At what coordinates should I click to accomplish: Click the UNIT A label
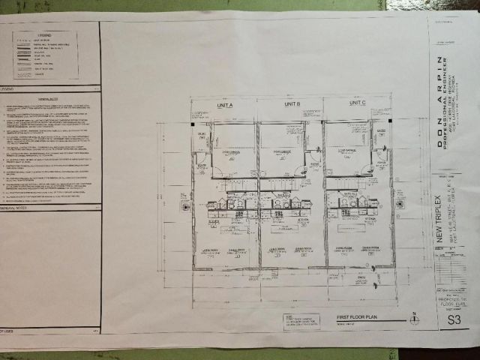tap(225, 104)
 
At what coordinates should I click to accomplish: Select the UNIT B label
tap(292, 103)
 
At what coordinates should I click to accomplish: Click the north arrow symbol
tap(413, 319)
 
